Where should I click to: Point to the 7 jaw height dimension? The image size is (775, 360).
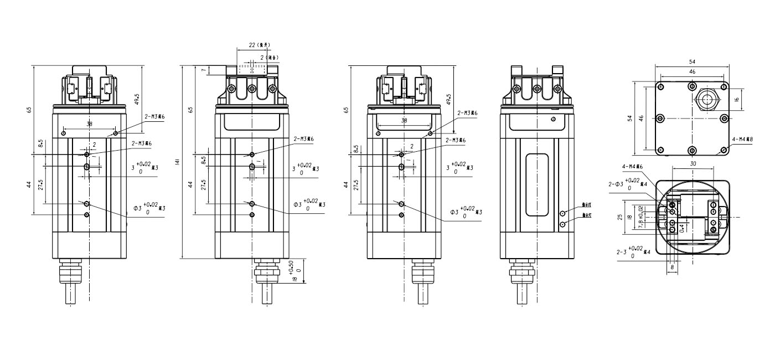coord(203,70)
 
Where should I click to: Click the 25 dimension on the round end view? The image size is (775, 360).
coord(621,217)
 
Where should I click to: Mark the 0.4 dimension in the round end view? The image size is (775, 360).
coord(682,228)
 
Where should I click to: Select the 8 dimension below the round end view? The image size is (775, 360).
coord(673,266)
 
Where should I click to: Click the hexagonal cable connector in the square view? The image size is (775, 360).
coord(706,100)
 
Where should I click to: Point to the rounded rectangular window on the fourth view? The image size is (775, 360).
coord(538,184)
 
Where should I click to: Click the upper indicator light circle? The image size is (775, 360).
coord(562,213)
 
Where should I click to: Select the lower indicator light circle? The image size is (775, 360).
coord(562,224)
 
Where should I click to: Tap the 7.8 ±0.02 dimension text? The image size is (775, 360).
coord(640,217)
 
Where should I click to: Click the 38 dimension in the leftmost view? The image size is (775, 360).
coord(90,125)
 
